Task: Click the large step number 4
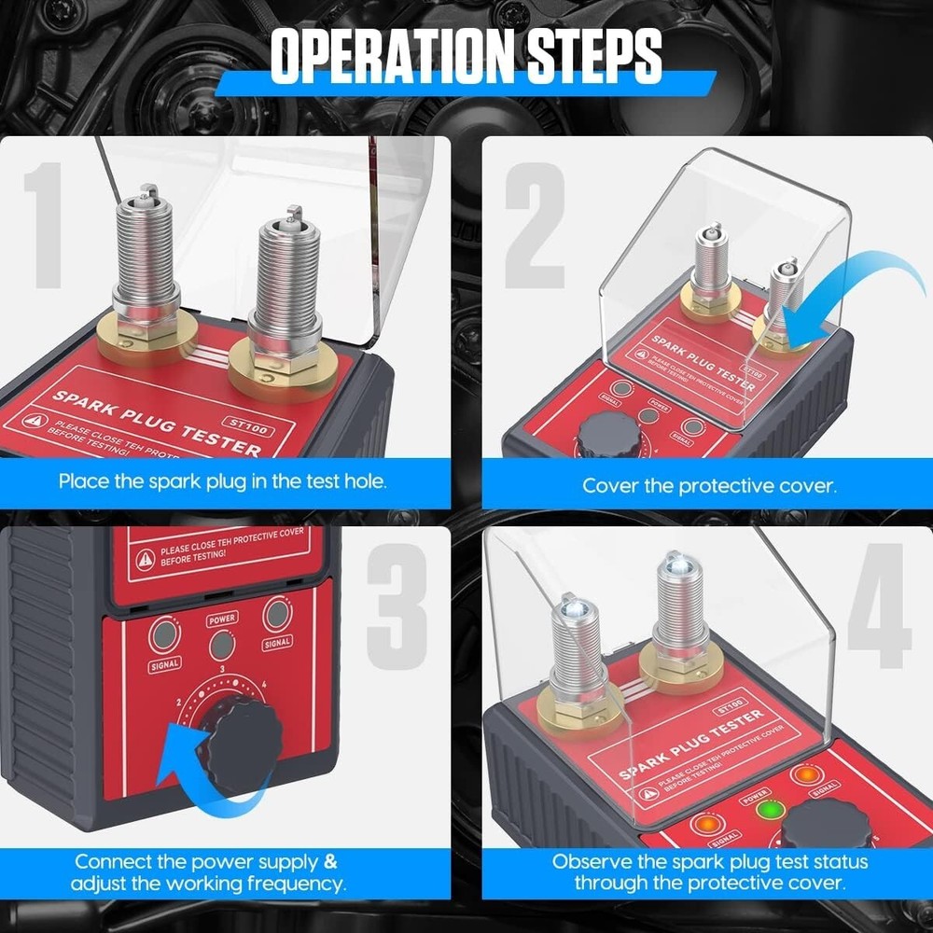point(878,606)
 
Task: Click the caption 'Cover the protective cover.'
point(709,485)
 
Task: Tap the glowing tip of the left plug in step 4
point(567,611)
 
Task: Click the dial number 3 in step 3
point(220,669)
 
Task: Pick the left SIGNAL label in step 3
point(163,663)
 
